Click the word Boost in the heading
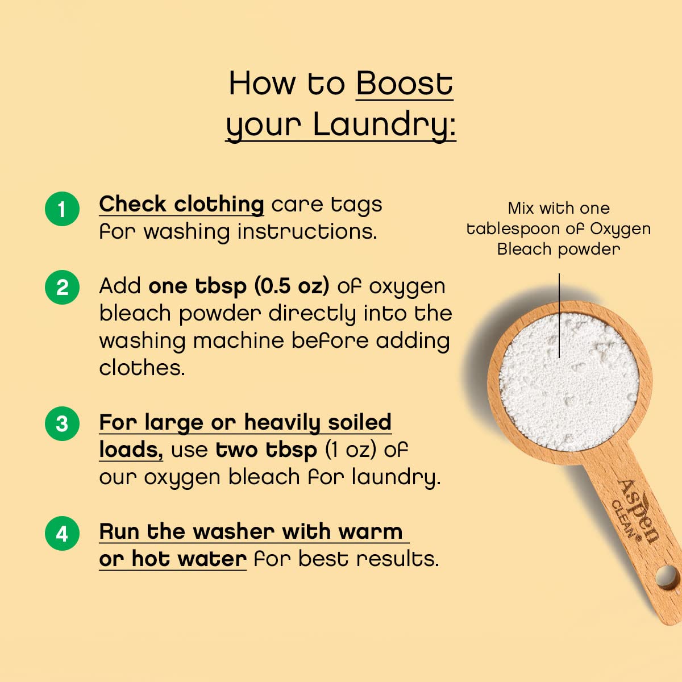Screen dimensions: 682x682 click(x=404, y=84)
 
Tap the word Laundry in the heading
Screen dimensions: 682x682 click(x=384, y=124)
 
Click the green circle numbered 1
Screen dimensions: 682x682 click(x=62, y=209)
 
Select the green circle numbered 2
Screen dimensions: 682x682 click(x=62, y=287)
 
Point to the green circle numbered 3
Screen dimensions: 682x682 click(x=62, y=423)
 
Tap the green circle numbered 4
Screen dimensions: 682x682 click(x=62, y=534)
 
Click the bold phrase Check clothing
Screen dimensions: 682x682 click(x=181, y=204)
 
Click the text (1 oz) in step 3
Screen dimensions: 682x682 click(x=351, y=450)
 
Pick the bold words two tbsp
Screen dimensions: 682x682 click(x=267, y=450)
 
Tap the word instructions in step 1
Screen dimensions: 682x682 click(x=307, y=232)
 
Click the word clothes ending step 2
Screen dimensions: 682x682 click(x=142, y=368)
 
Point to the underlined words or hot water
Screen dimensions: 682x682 click(x=173, y=559)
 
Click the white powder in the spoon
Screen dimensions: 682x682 click(x=568, y=381)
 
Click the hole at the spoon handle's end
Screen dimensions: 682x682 click(x=667, y=578)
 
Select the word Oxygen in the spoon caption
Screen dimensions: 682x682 click(x=620, y=228)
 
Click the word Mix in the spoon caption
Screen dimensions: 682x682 click(x=521, y=208)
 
